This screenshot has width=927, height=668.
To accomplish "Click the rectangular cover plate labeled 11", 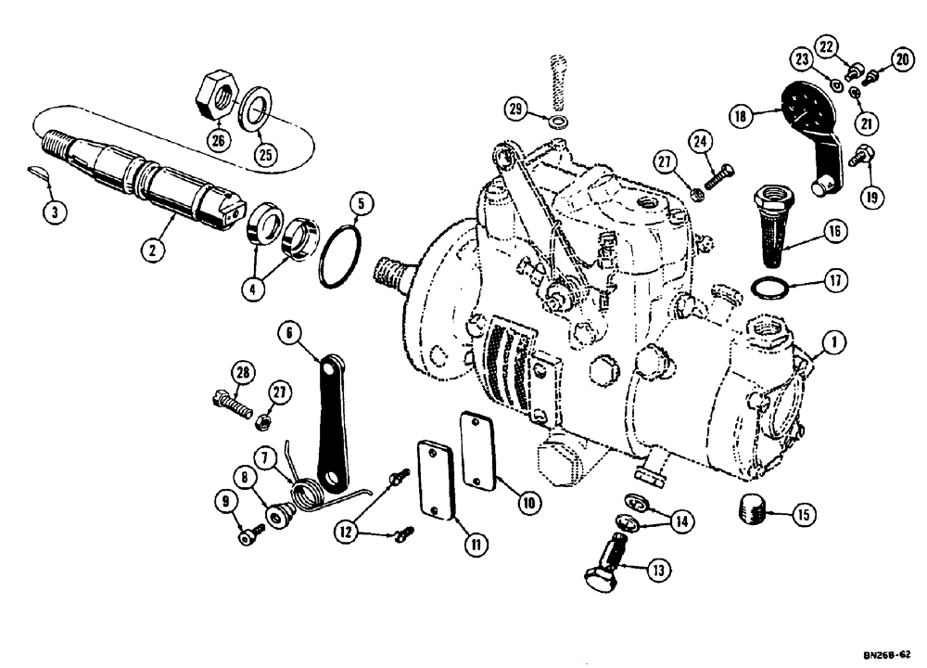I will click(437, 482).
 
